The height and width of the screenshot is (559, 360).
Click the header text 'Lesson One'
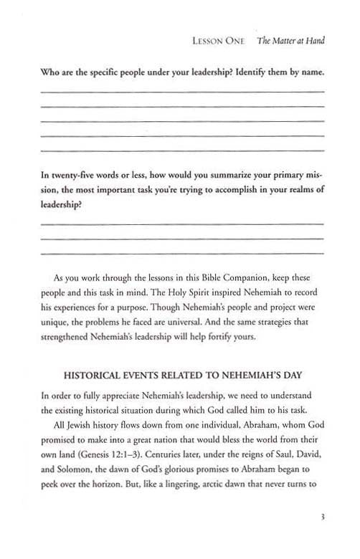point(222,42)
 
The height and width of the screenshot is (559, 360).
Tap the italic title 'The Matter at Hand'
point(290,42)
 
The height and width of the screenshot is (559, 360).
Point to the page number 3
point(323,531)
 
